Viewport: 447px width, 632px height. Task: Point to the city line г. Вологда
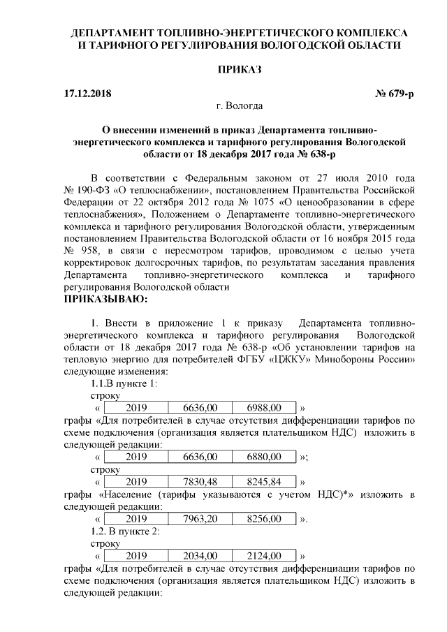240,106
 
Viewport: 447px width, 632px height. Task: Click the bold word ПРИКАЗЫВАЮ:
105,300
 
